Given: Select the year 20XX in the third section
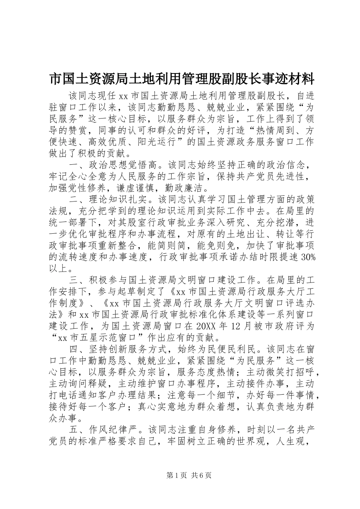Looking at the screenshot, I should [x=207, y=326].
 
